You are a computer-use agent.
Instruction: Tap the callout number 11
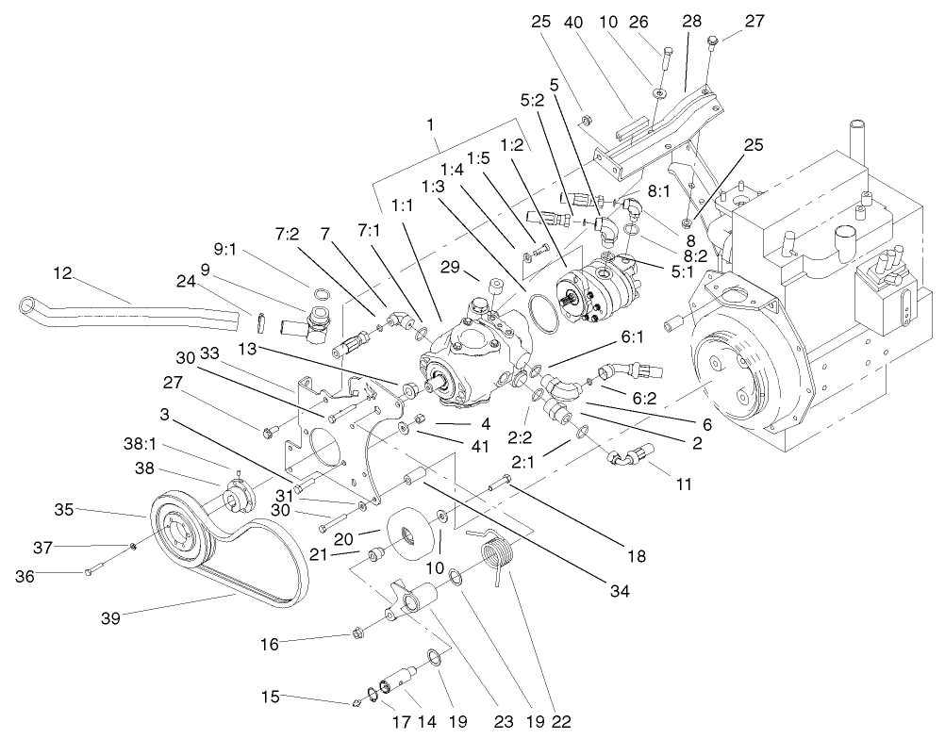coord(684,485)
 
